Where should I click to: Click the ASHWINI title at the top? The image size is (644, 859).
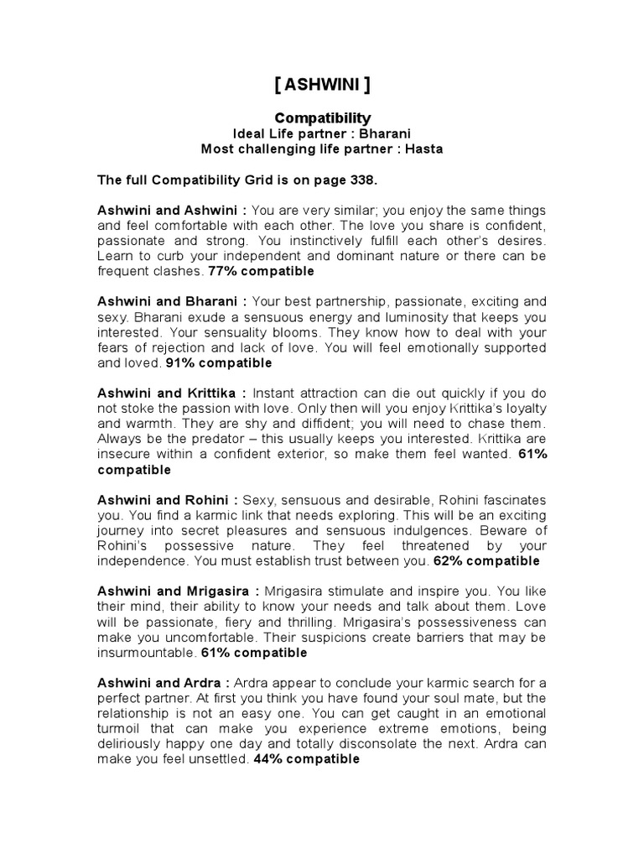[x=323, y=86]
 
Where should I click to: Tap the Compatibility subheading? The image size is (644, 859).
[x=323, y=118]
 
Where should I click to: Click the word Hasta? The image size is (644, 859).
[x=423, y=149]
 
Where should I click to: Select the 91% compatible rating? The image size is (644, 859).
[x=219, y=363]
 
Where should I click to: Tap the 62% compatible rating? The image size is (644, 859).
[x=487, y=560]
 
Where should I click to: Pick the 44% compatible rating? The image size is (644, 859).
[x=306, y=758]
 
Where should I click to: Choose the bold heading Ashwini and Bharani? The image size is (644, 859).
[x=171, y=301]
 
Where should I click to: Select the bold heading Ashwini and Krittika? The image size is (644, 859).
[x=172, y=393]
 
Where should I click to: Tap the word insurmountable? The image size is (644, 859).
[x=145, y=652]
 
